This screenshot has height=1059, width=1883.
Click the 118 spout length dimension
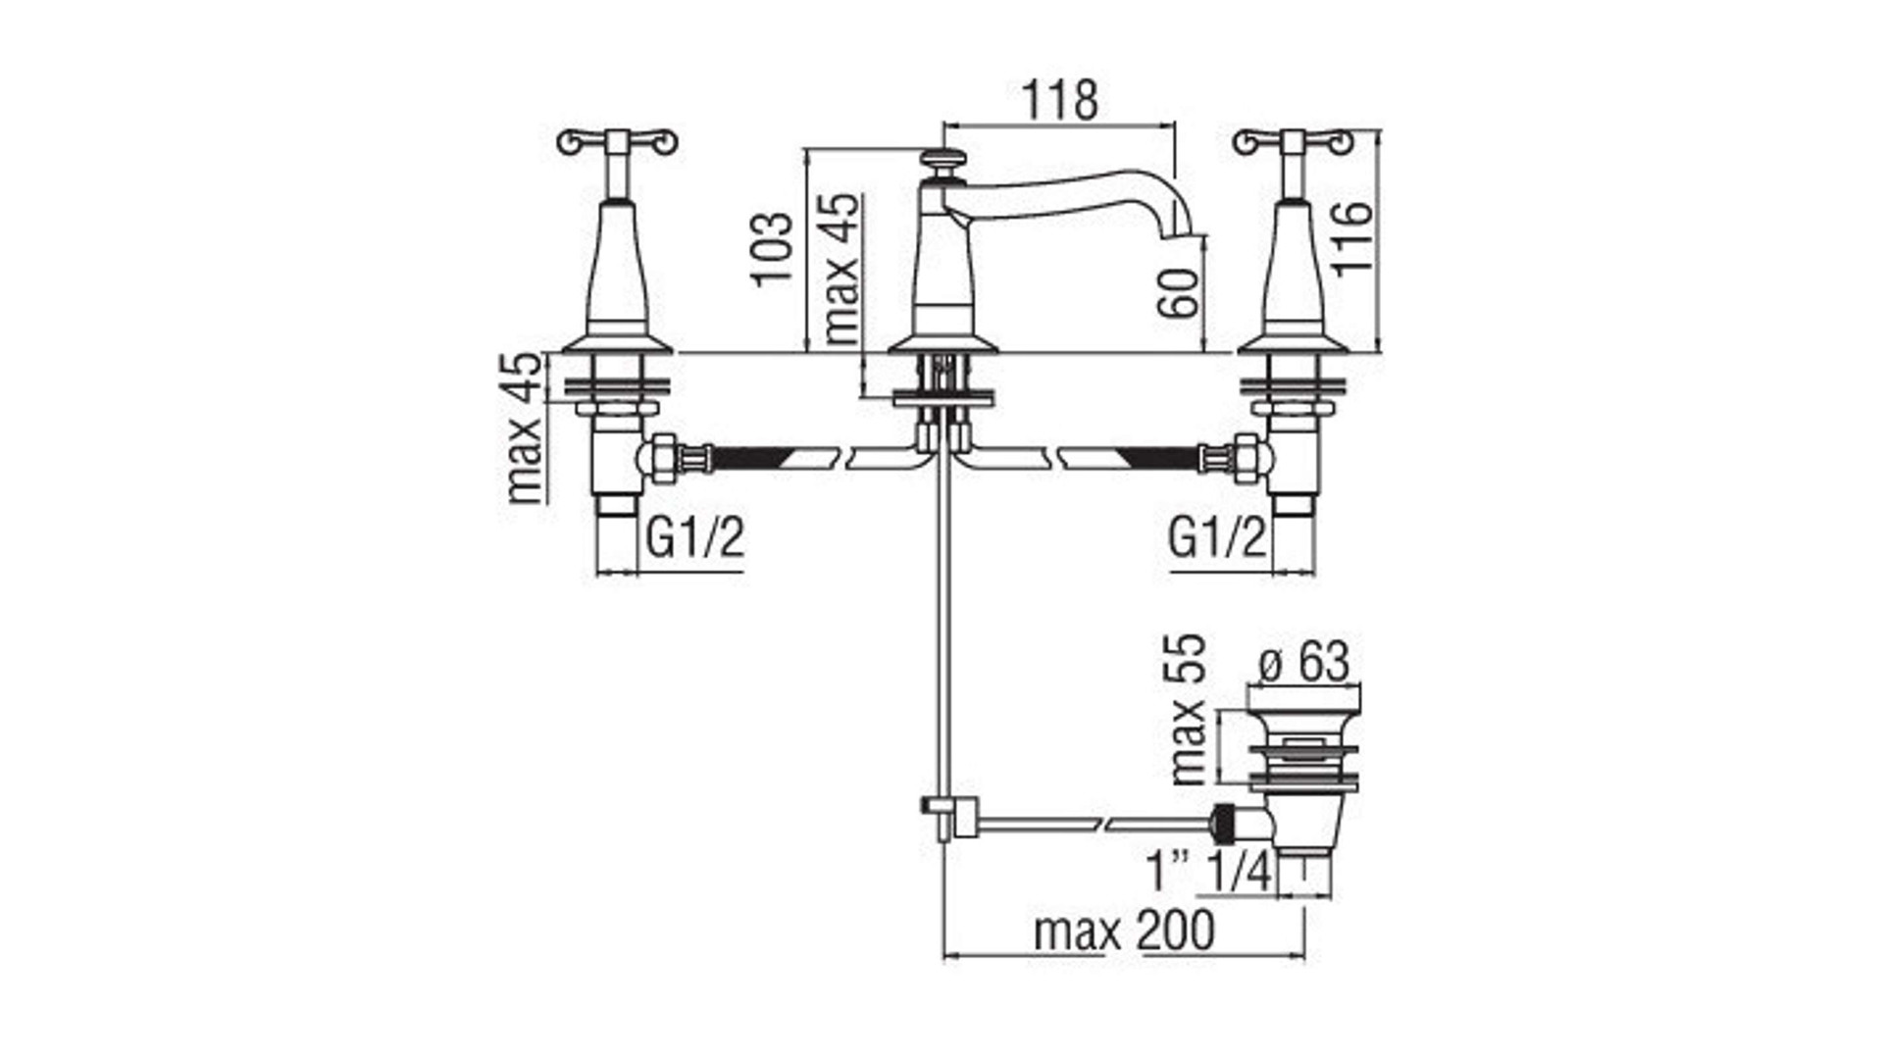(1060, 100)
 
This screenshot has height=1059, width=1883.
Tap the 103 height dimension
(773, 248)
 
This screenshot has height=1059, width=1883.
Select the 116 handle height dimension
(1350, 239)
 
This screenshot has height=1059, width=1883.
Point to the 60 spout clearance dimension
(1179, 292)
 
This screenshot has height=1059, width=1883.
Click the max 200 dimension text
(1124, 930)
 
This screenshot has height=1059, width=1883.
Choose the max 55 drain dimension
(1187, 710)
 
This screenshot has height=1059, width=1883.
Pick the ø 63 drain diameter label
(1304, 661)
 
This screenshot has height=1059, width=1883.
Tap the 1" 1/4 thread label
(1209, 871)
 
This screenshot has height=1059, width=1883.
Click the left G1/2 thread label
(695, 537)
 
